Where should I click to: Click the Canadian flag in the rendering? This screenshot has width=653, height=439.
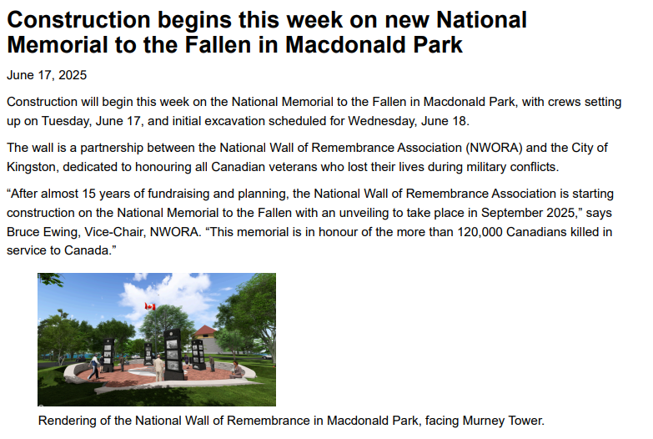[x=150, y=306]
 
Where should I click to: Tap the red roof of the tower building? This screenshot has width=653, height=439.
[x=205, y=331]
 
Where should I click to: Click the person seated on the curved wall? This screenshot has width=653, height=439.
[x=236, y=370]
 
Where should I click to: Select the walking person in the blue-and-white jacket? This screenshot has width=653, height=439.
[x=94, y=367]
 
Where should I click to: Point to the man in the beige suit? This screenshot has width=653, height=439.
[x=159, y=367]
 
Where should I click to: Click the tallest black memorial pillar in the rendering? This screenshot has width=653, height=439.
[x=173, y=355]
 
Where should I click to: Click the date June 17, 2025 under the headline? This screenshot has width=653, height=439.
[x=47, y=75]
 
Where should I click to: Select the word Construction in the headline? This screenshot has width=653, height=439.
[x=78, y=19]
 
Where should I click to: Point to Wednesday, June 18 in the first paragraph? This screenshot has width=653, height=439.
[x=408, y=121]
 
